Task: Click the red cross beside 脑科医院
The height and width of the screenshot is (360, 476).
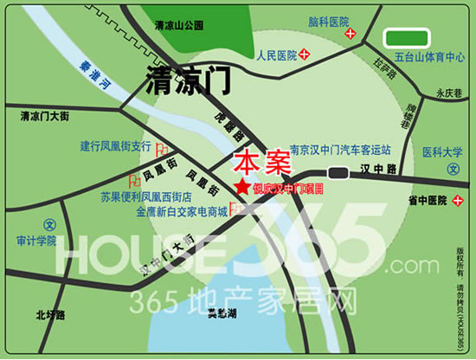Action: click(351, 34)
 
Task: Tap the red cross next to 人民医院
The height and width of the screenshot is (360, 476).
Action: click(305, 55)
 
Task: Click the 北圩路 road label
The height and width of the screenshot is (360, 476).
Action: click(50, 316)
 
